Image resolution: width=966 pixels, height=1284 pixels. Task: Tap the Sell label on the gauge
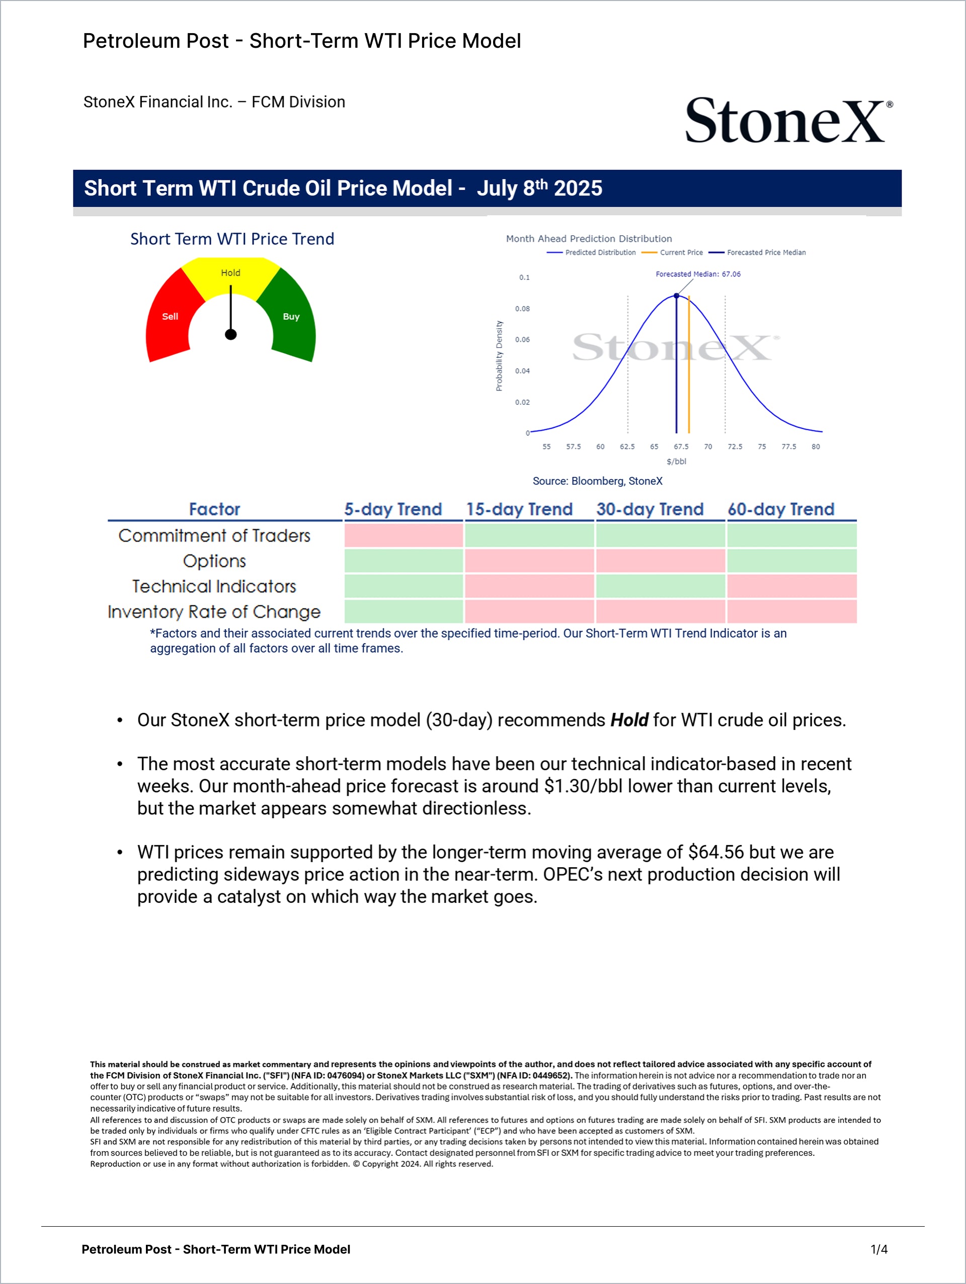pyautogui.click(x=170, y=316)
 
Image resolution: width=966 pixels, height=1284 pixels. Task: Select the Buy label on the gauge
pyautogui.click(x=291, y=316)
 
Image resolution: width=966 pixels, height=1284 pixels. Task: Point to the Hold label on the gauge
pyautogui.click(x=230, y=273)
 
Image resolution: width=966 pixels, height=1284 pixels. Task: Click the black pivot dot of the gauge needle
pyautogui.click(x=230, y=334)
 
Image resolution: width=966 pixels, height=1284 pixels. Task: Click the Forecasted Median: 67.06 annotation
pyautogui.click(x=698, y=274)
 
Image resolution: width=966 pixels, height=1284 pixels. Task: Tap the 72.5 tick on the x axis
pyautogui.click(x=735, y=446)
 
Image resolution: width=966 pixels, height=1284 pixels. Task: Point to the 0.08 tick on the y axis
pyautogui.click(x=522, y=309)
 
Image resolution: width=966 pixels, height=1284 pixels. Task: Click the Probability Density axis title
pyautogui.click(x=499, y=356)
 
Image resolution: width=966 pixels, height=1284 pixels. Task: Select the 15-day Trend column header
pyautogui.click(x=519, y=509)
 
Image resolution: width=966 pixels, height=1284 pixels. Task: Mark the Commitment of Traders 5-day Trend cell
pyautogui.click(x=404, y=535)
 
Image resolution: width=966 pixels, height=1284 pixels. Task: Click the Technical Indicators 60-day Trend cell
pyautogui.click(x=792, y=586)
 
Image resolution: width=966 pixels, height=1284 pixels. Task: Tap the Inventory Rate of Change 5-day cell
pyautogui.click(x=404, y=612)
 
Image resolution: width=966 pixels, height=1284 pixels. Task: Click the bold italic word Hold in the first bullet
pyautogui.click(x=629, y=720)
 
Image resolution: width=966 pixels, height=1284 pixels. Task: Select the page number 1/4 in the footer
pyautogui.click(x=879, y=1249)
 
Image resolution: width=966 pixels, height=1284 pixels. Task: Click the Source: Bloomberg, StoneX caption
pyautogui.click(x=597, y=481)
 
